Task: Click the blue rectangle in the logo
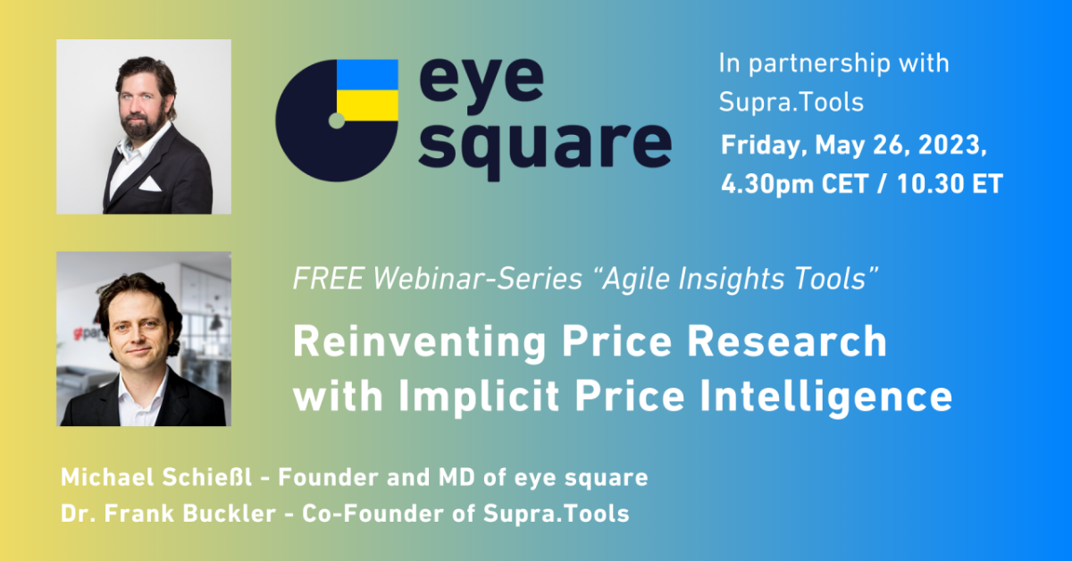point(367,75)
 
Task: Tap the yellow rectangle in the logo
point(367,105)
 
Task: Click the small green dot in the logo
point(337,121)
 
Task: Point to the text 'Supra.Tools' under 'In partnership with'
point(791,102)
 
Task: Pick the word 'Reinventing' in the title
point(419,343)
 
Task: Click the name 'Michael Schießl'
point(156,477)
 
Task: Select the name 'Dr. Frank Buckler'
point(168,514)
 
